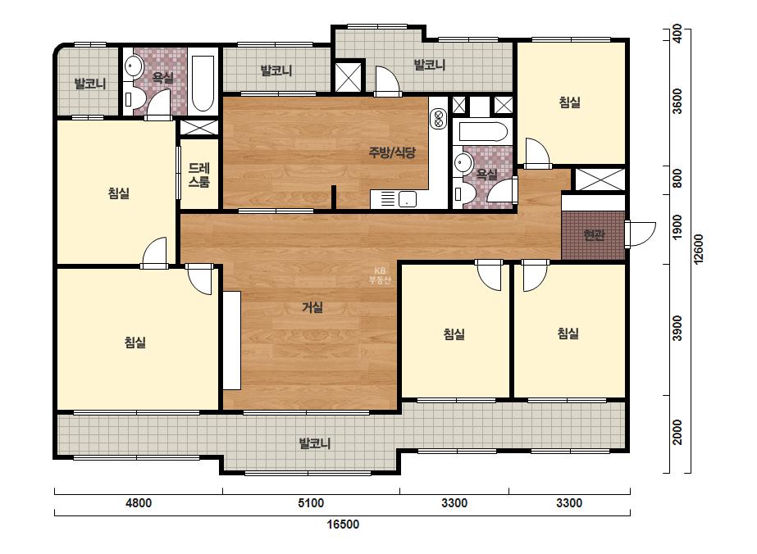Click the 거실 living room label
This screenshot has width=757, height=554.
(312, 307)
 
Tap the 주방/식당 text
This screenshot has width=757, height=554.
(392, 153)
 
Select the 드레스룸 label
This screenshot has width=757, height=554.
(199, 175)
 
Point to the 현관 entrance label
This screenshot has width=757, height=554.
(594, 235)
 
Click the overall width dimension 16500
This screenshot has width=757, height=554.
(343, 524)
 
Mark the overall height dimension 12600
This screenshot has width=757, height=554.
(699, 248)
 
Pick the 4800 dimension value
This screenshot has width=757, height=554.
(139, 503)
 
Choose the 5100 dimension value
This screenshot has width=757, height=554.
(311, 503)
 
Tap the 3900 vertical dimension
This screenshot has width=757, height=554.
(677, 328)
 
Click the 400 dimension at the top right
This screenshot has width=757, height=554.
(677, 34)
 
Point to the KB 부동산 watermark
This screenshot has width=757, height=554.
(380, 275)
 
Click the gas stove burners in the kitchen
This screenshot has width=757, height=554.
(439, 118)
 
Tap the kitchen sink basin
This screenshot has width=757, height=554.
(408, 199)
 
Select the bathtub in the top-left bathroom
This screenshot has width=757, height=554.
(203, 84)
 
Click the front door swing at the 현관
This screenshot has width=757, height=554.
(641, 234)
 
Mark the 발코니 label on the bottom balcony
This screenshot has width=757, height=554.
(315, 443)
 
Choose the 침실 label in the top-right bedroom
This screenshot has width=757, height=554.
(570, 102)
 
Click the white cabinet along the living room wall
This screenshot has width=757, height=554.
(232, 340)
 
